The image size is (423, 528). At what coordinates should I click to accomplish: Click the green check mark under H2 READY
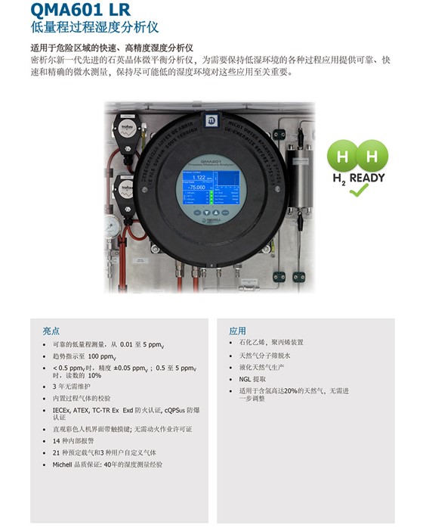(x=357, y=191)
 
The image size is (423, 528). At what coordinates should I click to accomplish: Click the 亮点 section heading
(x=51, y=331)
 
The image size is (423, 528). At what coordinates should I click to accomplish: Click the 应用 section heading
(x=238, y=331)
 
